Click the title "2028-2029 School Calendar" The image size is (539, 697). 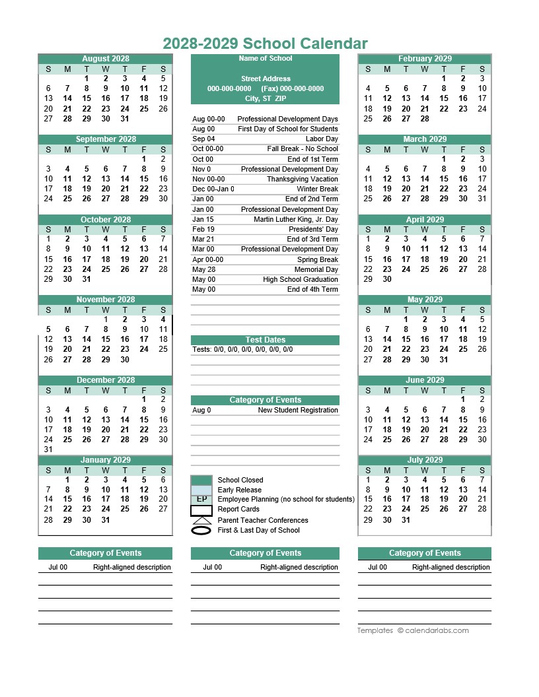tap(265, 44)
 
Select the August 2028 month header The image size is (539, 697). tap(106, 59)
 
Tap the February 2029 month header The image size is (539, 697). tap(425, 59)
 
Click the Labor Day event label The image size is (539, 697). tap(322, 139)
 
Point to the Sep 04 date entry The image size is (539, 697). tap(203, 139)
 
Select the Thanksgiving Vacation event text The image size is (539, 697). tap(302, 180)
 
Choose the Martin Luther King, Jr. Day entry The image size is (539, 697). tap(295, 219)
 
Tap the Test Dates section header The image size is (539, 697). tap(265, 340)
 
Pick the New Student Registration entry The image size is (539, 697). tap(297, 411)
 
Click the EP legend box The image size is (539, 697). tap(201, 500)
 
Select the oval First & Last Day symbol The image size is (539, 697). tap(201, 530)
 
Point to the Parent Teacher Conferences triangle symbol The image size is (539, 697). tap(201, 520)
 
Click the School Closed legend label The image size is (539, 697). tap(240, 480)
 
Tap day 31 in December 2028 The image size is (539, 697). tap(48, 449)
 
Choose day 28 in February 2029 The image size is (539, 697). tap(425, 119)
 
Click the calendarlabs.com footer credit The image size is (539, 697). tap(433, 630)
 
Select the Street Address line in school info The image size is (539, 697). tap(265, 79)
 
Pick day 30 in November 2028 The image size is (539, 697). tap(125, 360)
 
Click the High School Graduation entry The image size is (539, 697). tap(300, 279)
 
